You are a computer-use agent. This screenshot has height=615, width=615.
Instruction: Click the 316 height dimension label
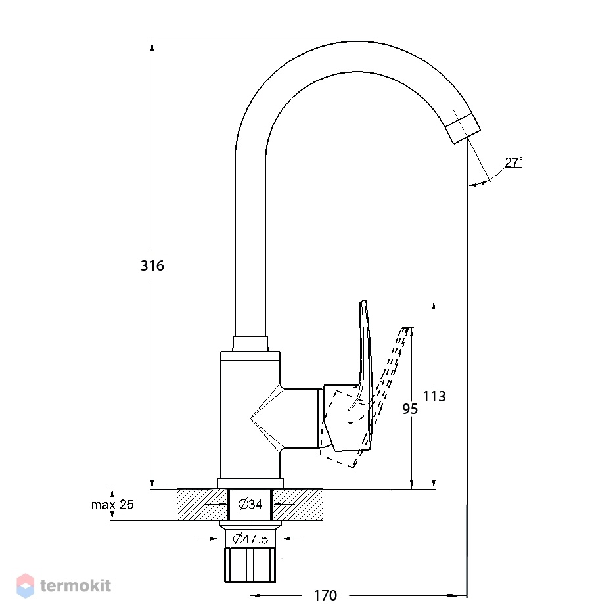(152, 265)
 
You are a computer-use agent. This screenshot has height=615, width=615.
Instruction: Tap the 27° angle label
(513, 162)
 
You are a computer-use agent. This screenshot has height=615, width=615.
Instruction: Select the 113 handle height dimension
(434, 396)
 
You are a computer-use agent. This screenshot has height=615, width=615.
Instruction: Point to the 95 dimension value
(410, 409)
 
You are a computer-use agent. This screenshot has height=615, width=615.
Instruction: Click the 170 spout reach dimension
(325, 595)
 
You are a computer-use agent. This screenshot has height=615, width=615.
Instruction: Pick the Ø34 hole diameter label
(250, 503)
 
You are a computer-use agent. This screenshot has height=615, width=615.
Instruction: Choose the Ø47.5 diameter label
(250, 539)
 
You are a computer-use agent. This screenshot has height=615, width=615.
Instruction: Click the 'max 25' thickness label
(112, 504)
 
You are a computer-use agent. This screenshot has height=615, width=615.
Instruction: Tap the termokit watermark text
(76, 586)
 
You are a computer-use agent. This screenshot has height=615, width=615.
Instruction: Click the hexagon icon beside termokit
(26, 585)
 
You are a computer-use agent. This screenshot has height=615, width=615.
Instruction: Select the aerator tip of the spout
(463, 129)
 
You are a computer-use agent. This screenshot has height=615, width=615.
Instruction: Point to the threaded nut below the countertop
(250, 565)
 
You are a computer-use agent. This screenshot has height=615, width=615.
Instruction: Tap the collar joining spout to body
(250, 344)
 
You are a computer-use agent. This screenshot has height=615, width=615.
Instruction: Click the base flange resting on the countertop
(250, 483)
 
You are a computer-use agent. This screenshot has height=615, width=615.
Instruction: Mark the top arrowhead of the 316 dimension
(152, 45)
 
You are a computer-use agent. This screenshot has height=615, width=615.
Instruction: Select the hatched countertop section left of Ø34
(202, 505)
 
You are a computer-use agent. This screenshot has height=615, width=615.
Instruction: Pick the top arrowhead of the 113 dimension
(434, 305)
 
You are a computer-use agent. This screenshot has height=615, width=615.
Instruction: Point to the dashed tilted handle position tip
(406, 329)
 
